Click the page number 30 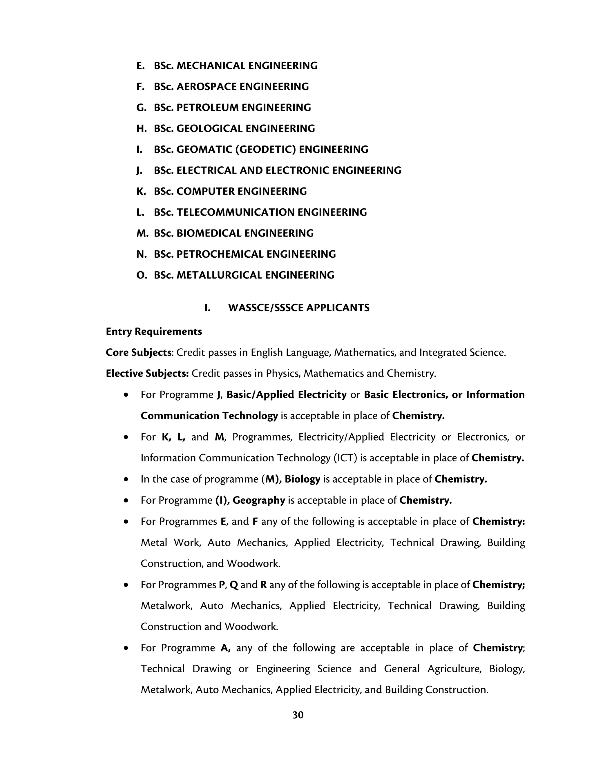[x=298, y=715]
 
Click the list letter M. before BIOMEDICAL [x=142, y=233]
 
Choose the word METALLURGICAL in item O [x=220, y=275]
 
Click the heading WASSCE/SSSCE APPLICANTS [x=299, y=308]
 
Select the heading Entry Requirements [x=154, y=332]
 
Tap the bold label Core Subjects [x=138, y=352]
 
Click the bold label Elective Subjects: [x=147, y=374]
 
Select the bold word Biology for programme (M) [x=302, y=479]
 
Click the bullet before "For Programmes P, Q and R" [x=126, y=585]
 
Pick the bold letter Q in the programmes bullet [x=234, y=585]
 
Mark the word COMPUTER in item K [x=206, y=191]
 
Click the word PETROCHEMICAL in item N [x=220, y=254]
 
